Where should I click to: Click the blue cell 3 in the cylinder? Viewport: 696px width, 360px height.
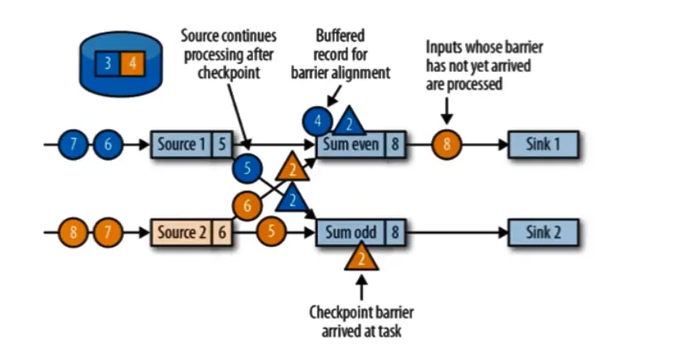pos(107,63)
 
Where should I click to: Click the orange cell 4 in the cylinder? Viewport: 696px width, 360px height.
pos(132,63)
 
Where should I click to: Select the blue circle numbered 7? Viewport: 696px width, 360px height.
pos(74,145)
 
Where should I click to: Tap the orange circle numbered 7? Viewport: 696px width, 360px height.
pos(106,233)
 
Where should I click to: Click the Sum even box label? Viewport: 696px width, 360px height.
pos(351,145)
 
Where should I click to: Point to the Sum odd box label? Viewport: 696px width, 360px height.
pos(351,233)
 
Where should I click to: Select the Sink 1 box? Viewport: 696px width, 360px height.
pos(543,145)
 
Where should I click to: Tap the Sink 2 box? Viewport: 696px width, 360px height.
pos(543,233)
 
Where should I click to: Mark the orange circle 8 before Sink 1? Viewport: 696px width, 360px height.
pos(446,145)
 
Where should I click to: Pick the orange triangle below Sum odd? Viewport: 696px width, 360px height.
pos(361,256)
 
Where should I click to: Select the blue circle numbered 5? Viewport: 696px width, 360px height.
pos(247,168)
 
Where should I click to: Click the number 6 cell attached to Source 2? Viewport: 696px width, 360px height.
pos(221,233)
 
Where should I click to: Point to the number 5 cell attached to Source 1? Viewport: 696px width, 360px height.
pos(221,145)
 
